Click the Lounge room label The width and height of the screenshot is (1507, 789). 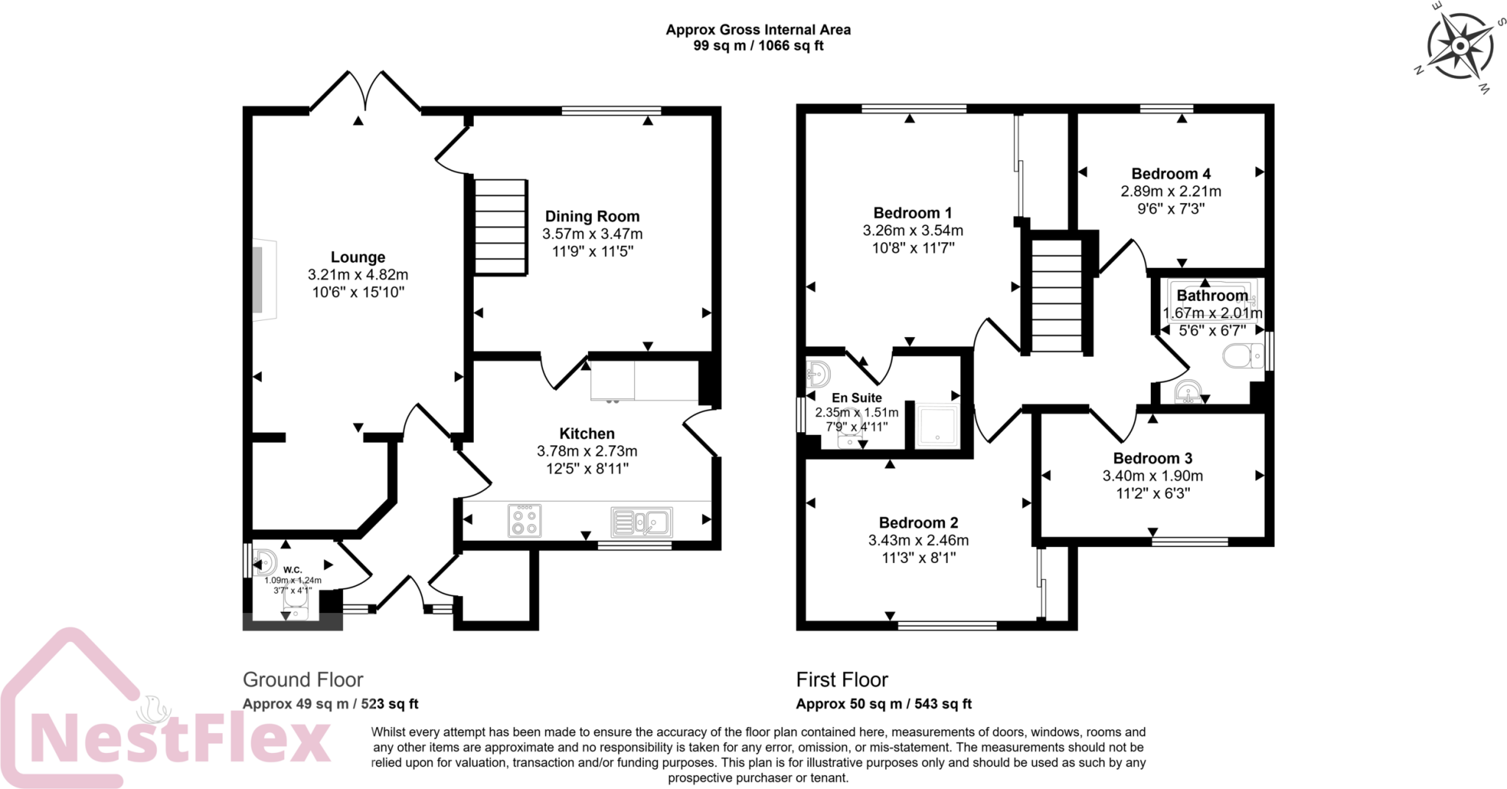coord(358,257)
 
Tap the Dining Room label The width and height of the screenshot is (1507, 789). coord(592,216)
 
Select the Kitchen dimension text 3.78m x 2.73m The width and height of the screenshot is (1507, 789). coord(587,451)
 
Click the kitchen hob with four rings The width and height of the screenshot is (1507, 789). coord(525,520)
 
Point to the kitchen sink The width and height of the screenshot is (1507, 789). coord(641,522)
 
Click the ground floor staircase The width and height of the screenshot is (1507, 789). coord(500,227)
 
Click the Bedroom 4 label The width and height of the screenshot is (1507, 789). coord(1171,174)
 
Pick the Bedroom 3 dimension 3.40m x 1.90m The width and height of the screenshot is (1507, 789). coord(1152,476)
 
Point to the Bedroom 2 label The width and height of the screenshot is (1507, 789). coord(918,523)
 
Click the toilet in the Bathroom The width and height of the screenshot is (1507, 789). coord(1243,358)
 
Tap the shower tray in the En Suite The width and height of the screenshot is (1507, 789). coord(937,425)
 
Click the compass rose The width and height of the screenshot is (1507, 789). coord(1459,46)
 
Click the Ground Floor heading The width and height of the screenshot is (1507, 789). coord(303,679)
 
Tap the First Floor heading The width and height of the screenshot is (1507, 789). coord(842,679)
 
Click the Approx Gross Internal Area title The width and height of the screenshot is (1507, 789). coord(758,30)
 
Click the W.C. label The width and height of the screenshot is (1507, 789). coord(293,570)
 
